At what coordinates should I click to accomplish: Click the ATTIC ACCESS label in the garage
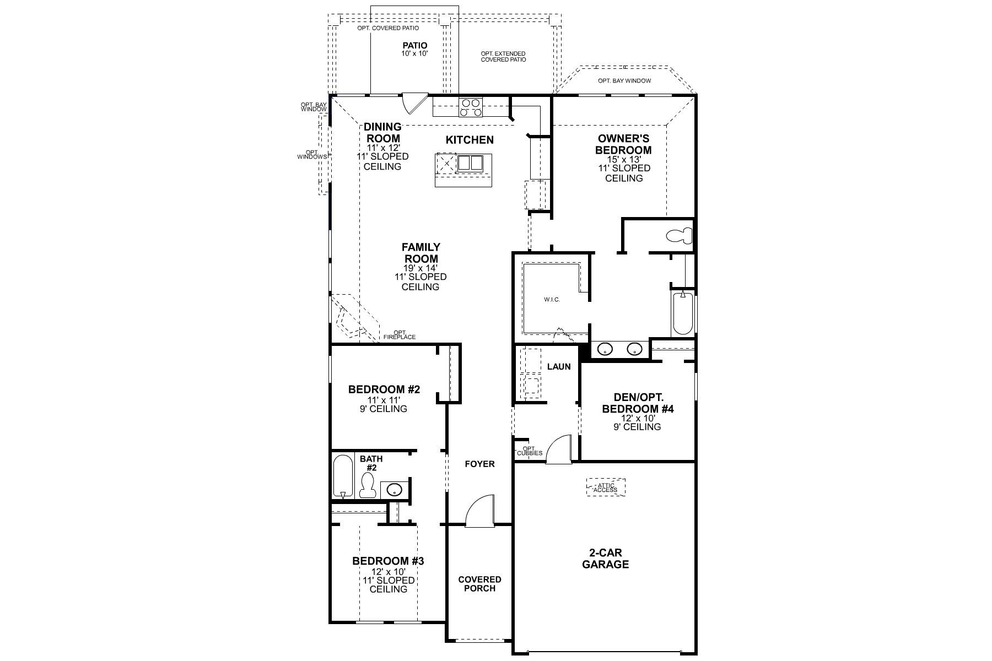[605, 487]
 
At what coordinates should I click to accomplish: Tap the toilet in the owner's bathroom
[679, 236]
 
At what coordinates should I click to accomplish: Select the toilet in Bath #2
[367, 486]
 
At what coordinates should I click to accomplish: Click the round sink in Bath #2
[395, 489]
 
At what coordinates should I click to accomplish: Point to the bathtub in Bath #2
[343, 476]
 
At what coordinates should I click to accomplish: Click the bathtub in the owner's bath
[682, 313]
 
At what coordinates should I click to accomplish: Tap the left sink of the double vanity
[606, 349]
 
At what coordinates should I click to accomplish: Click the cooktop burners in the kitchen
[471, 107]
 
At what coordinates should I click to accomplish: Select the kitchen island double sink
[470, 163]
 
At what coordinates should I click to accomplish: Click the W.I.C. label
[552, 300]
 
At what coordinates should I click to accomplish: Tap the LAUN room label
[558, 366]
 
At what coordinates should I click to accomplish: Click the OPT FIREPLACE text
[400, 335]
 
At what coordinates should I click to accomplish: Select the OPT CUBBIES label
[530, 451]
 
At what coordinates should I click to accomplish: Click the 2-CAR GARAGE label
[605, 559]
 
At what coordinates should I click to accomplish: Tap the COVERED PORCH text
[479, 584]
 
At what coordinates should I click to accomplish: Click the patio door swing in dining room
[413, 103]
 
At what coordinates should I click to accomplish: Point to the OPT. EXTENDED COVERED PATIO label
[503, 57]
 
